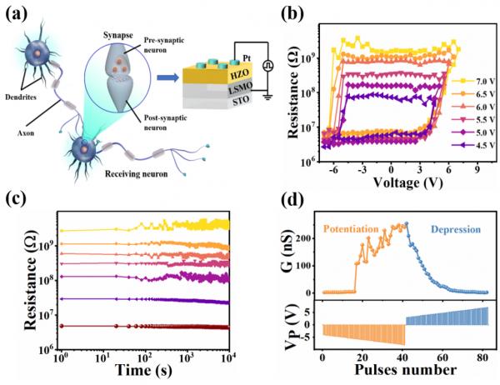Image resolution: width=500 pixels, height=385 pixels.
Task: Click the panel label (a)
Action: point(19,14)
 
